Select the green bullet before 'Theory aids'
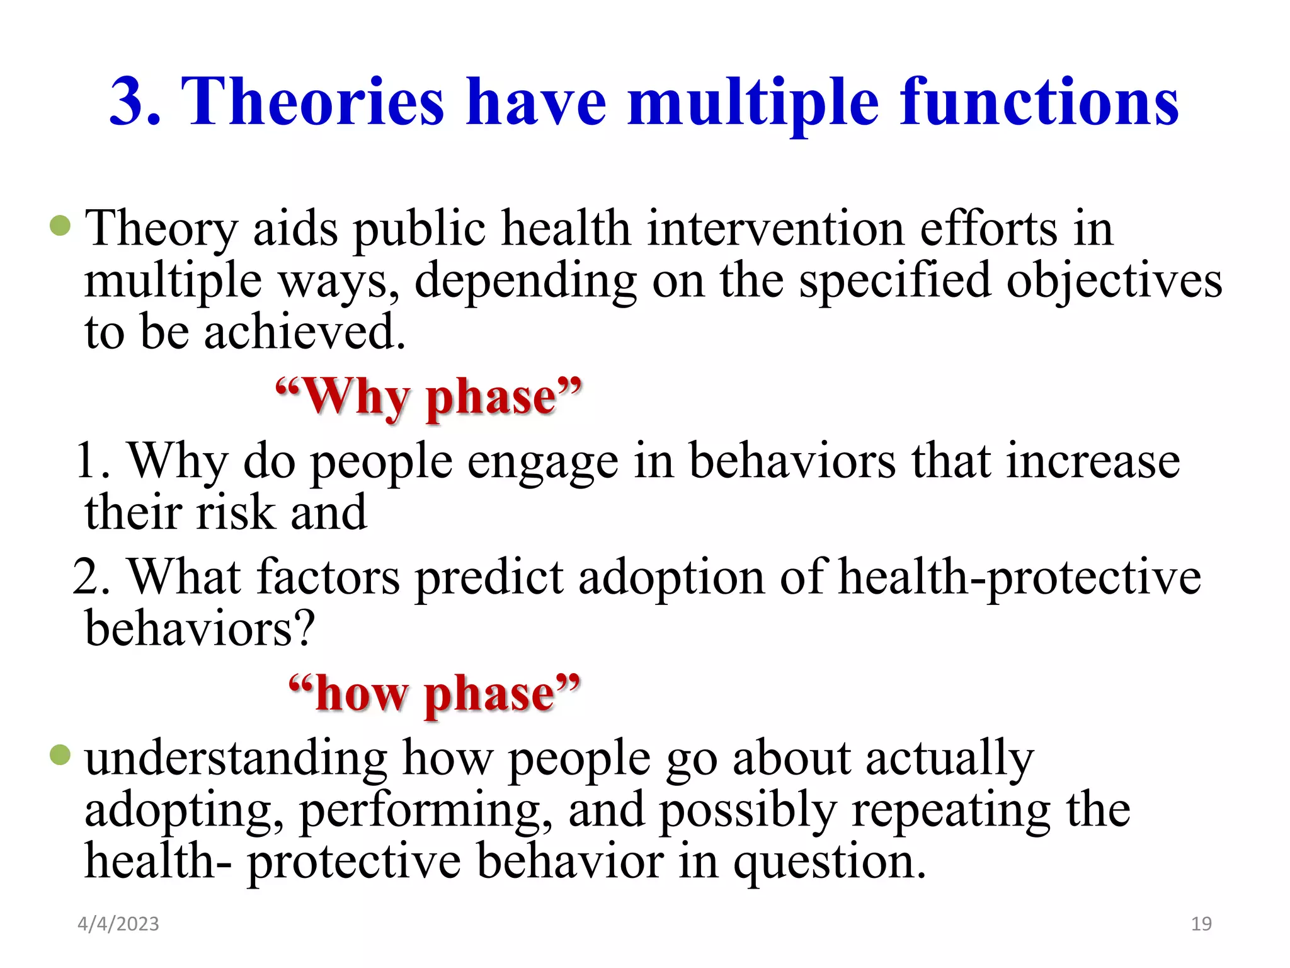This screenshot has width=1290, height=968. coord(60,225)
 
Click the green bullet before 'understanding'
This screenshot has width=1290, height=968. coord(60,754)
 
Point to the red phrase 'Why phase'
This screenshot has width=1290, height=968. coord(429,397)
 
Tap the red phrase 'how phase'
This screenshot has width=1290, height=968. coord(435,693)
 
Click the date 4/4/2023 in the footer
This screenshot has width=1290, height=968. coord(118,924)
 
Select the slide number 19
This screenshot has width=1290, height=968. coord(1201,924)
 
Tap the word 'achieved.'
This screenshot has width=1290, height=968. coord(305,332)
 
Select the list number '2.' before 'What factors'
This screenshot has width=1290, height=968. coord(92,577)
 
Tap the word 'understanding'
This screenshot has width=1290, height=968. coord(236,758)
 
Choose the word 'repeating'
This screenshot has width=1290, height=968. coord(951,810)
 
